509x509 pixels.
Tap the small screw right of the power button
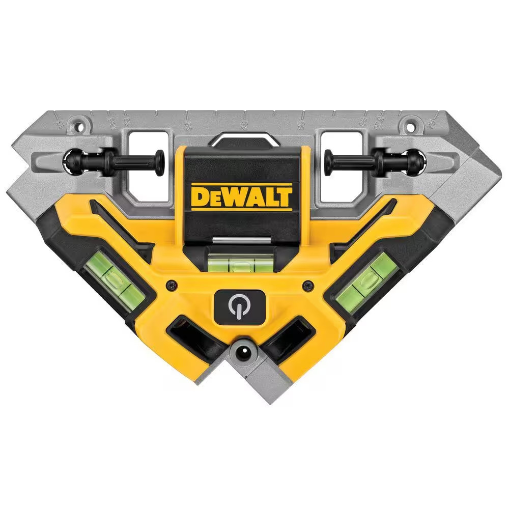(307, 286)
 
